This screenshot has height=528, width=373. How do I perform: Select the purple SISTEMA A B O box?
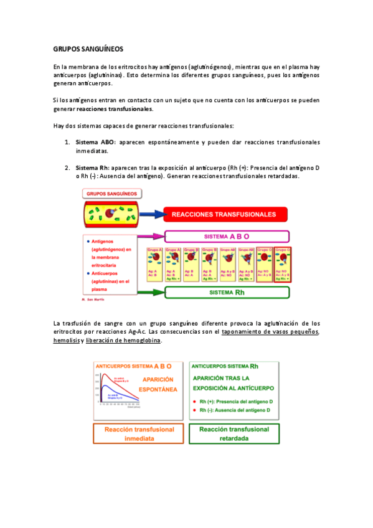(x=227, y=237)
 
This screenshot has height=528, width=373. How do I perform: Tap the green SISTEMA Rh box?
(x=227, y=292)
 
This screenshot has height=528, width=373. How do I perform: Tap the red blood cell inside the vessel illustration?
(x=110, y=214)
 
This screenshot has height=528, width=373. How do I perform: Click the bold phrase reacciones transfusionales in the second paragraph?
(x=119, y=109)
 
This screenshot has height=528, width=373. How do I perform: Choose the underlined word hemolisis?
(x=65, y=341)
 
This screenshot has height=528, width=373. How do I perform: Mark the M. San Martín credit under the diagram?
(x=91, y=300)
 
